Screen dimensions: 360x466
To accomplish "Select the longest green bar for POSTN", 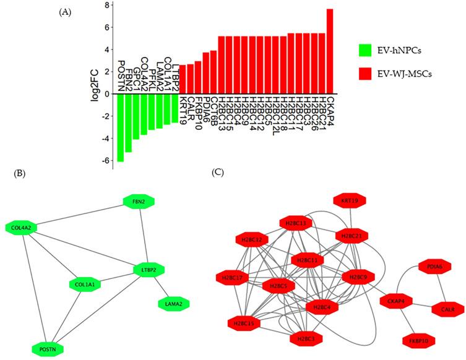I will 121,127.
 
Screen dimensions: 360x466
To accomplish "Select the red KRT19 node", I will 351,201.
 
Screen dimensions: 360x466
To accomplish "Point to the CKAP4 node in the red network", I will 397,301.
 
